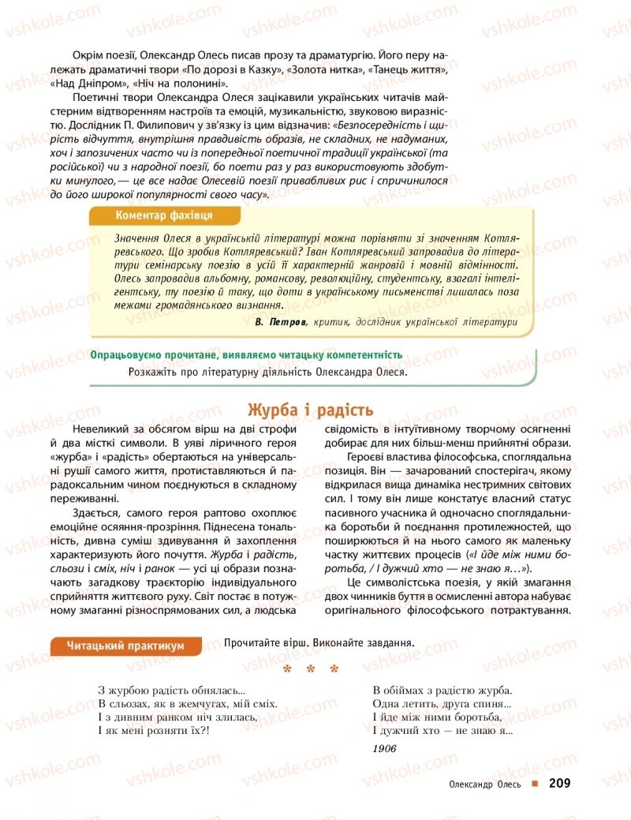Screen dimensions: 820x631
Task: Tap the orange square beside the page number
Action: click(x=535, y=784)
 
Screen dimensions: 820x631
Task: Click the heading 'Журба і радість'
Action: click(x=310, y=410)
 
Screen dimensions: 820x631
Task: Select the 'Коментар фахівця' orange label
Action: click(x=162, y=215)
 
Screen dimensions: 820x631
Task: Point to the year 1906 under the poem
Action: click(x=384, y=748)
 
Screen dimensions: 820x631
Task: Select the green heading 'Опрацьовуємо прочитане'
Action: click(x=246, y=355)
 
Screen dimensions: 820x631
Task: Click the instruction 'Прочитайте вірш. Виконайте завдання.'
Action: click(x=319, y=642)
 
